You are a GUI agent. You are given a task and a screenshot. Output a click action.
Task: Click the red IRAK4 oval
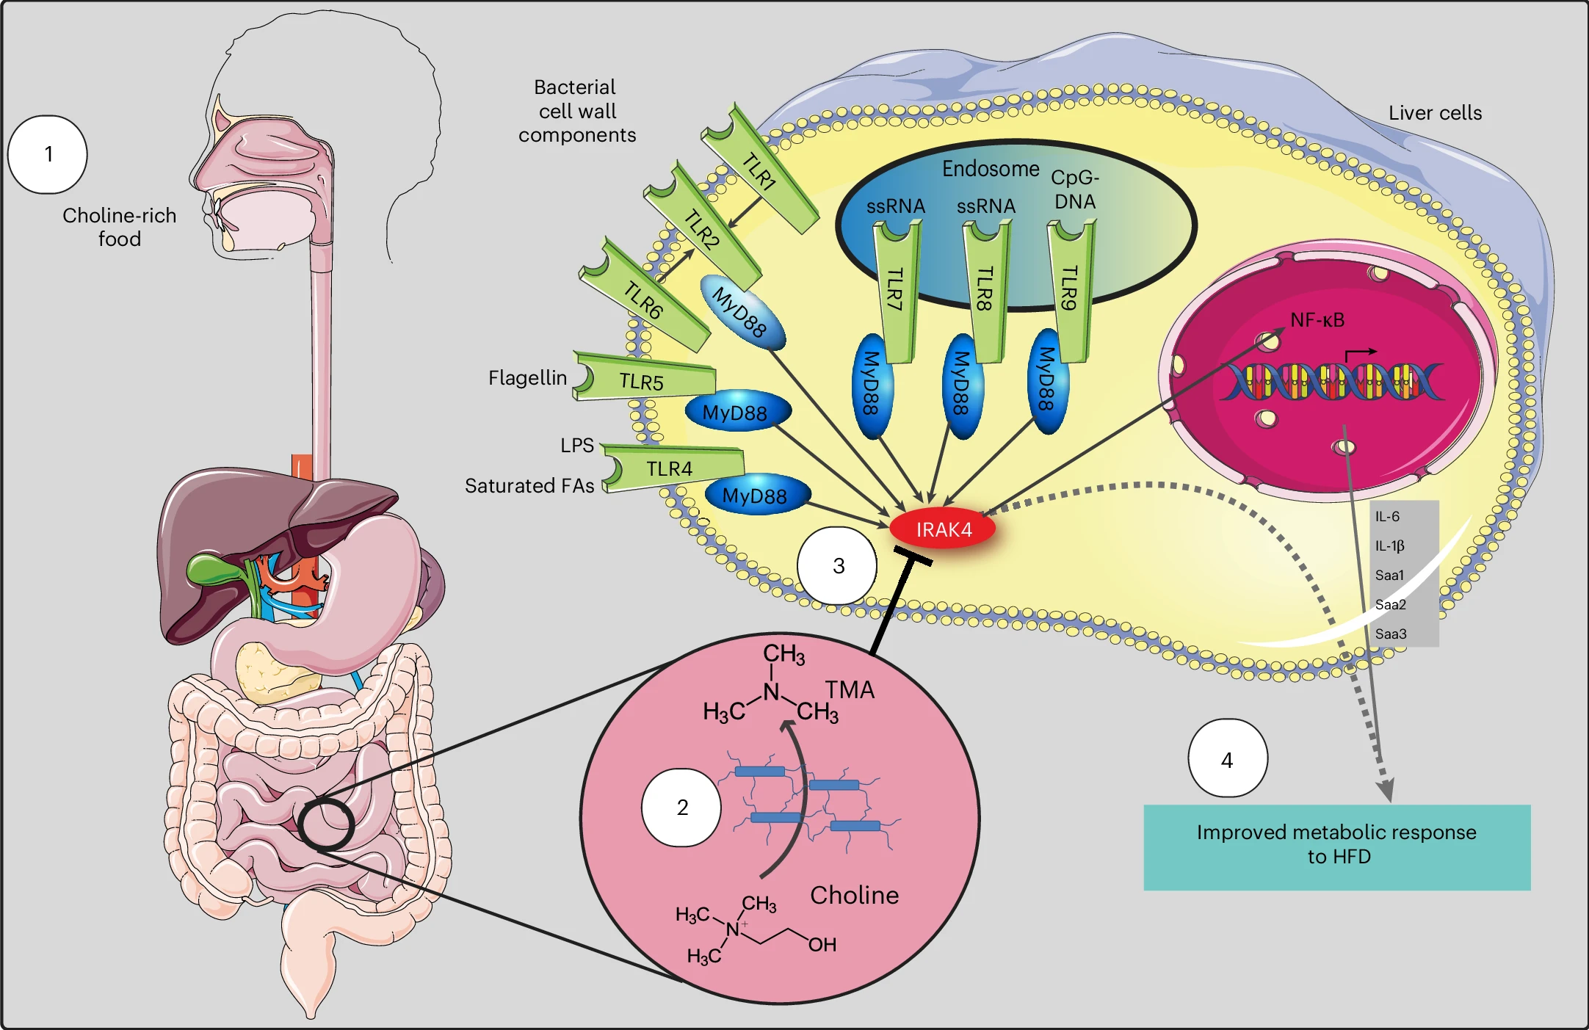943,529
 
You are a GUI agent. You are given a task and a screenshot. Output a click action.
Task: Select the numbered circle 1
48,154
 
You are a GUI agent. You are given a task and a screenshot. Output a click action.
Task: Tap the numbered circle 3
837,565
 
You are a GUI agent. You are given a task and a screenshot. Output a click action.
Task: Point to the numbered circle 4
1228,758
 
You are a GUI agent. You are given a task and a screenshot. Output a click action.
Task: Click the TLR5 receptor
643,379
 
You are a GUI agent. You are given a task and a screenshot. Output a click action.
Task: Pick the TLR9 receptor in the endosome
1070,290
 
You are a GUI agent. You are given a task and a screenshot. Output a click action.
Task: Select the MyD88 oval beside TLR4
756,496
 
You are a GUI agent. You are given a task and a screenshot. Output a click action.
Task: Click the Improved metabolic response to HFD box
1336,846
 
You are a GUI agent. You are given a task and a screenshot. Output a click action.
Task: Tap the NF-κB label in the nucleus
1317,320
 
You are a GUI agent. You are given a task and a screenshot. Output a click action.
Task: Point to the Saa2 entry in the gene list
1391,604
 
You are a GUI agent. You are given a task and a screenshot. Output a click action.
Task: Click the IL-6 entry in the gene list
1387,516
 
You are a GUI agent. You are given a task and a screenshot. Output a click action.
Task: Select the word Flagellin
527,378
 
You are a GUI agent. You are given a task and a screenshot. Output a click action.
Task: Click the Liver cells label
1435,113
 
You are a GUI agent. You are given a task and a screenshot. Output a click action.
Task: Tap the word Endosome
991,169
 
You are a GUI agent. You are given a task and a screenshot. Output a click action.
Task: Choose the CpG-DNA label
1075,189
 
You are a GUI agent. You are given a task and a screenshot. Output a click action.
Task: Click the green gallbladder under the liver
213,567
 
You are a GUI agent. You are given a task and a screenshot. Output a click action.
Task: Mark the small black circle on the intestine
326,824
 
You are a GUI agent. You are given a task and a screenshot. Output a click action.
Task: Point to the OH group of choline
822,945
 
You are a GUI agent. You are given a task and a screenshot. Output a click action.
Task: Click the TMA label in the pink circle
850,690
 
